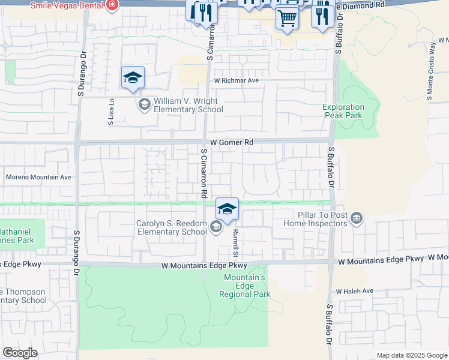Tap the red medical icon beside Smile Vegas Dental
coord(112,5)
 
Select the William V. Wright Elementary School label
coord(188,105)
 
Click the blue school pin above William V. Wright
coord(133,78)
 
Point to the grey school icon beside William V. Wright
coord(144,105)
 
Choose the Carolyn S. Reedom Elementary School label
coord(171,227)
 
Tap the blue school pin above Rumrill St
coord(227,209)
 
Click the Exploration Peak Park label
coord(343,111)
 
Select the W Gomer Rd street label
coord(228,142)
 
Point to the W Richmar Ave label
coord(236,80)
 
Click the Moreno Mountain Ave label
coord(38,177)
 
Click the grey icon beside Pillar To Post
coord(357,218)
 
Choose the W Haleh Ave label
coord(355,291)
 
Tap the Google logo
coord(20,353)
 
